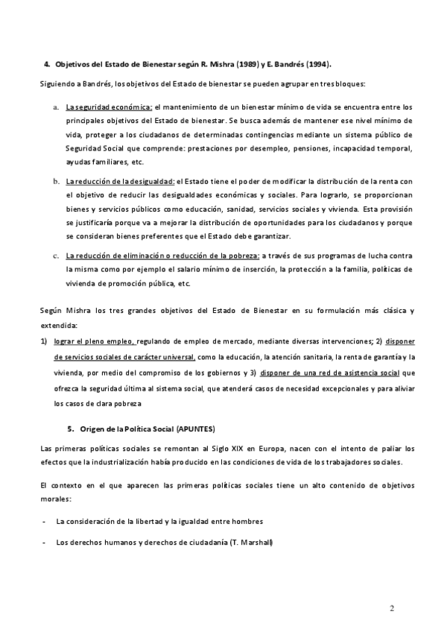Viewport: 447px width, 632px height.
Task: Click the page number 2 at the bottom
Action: coord(392,608)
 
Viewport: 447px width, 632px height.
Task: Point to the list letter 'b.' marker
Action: coord(56,181)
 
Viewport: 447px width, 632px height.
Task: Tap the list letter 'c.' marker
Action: coord(56,255)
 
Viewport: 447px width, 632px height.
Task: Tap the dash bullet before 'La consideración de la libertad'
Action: coord(45,521)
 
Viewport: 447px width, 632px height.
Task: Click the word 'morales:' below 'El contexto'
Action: coord(55,500)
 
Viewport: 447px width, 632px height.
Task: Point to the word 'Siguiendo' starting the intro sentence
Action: coord(56,83)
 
